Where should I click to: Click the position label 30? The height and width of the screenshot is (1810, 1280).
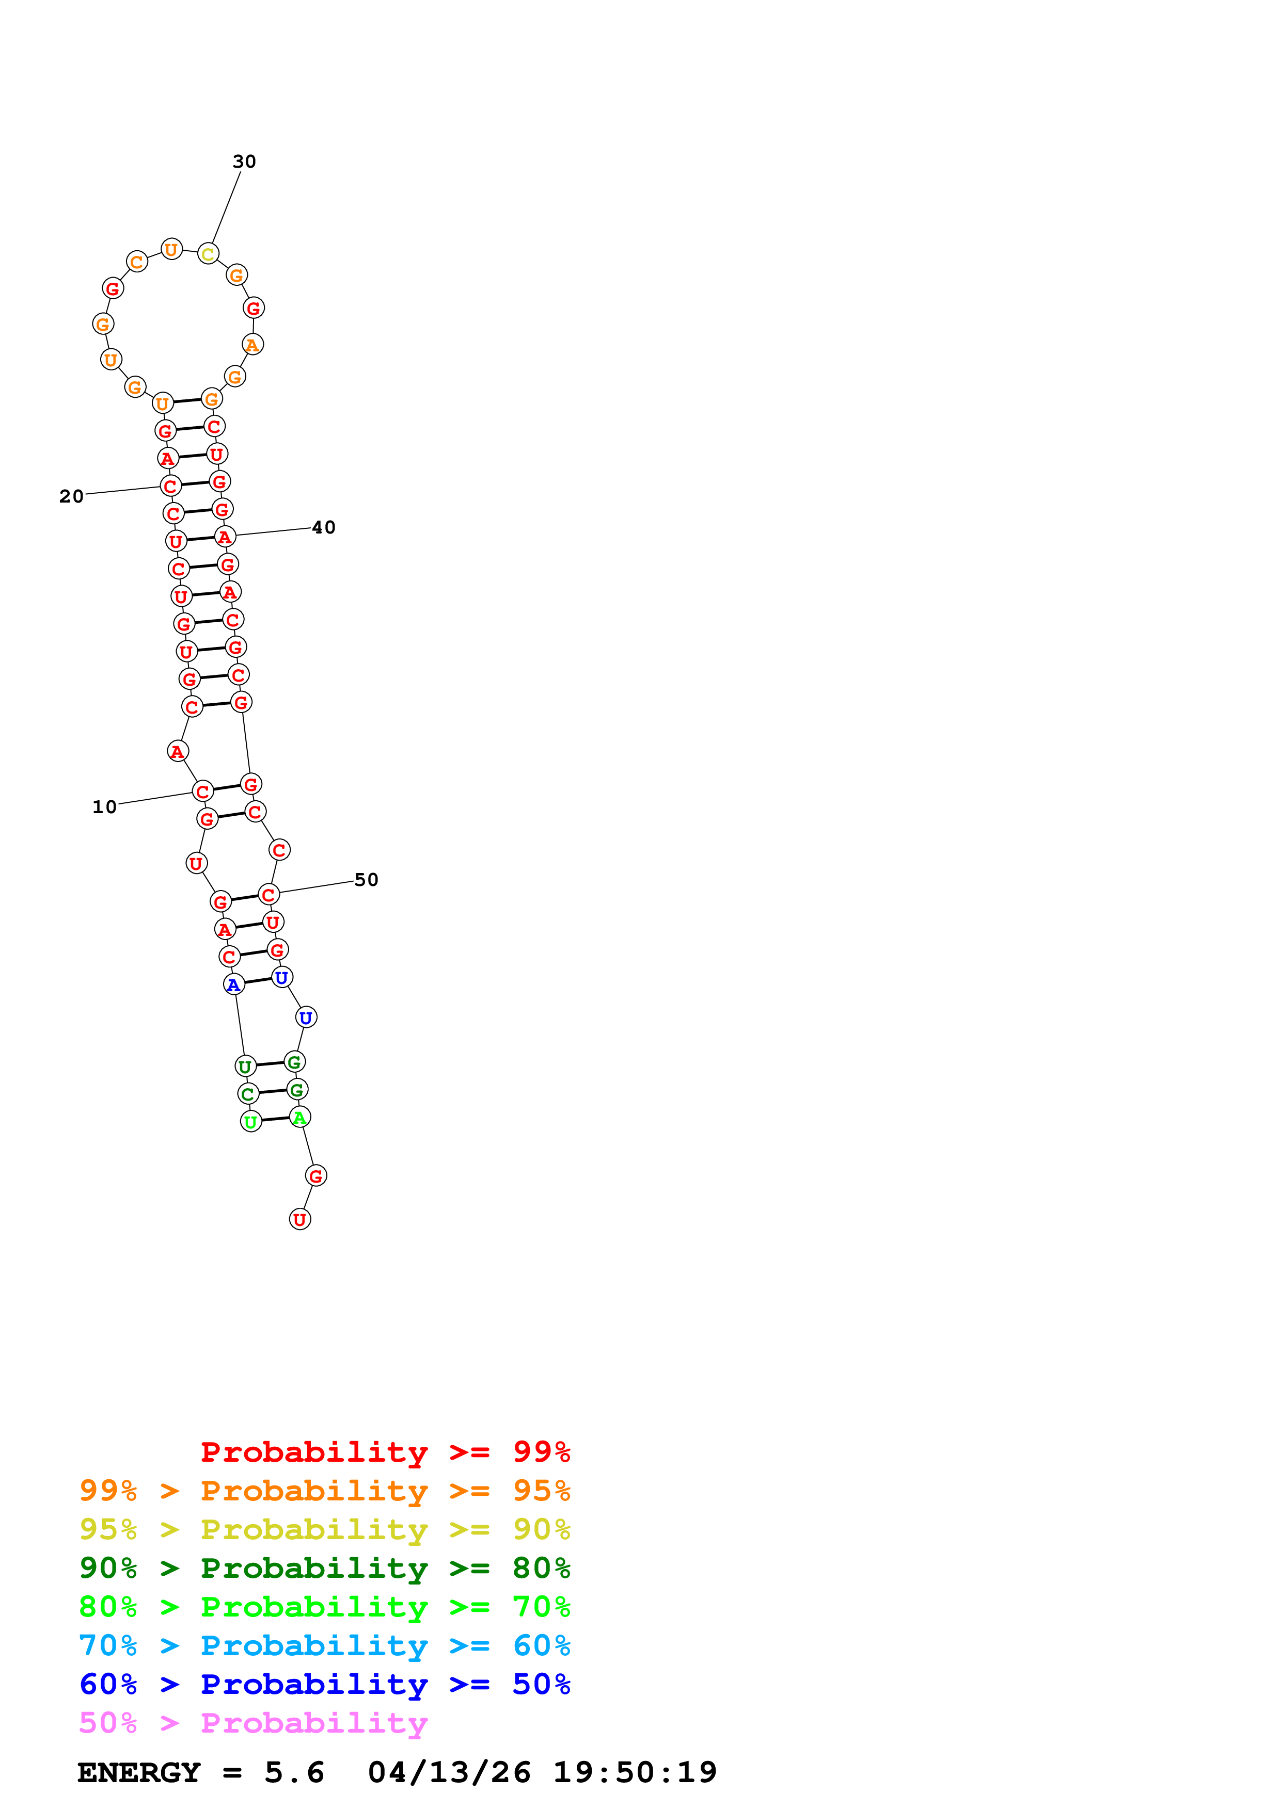244,161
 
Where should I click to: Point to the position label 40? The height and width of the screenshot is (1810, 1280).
323,527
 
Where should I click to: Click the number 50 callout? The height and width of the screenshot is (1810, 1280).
366,880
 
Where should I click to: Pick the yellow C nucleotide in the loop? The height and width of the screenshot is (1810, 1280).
208,254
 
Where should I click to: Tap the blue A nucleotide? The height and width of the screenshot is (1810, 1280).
233,984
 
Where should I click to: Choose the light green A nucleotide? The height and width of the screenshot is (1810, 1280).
299,1117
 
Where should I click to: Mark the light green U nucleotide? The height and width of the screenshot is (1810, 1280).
251,1121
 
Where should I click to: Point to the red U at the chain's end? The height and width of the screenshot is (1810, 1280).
299,1220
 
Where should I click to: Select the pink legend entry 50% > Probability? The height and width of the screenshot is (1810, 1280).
252,1722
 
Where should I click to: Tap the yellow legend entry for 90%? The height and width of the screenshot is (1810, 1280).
324,1529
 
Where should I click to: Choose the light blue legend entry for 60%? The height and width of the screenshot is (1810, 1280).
324,1645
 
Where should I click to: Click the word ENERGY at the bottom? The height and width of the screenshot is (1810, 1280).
139,1773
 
